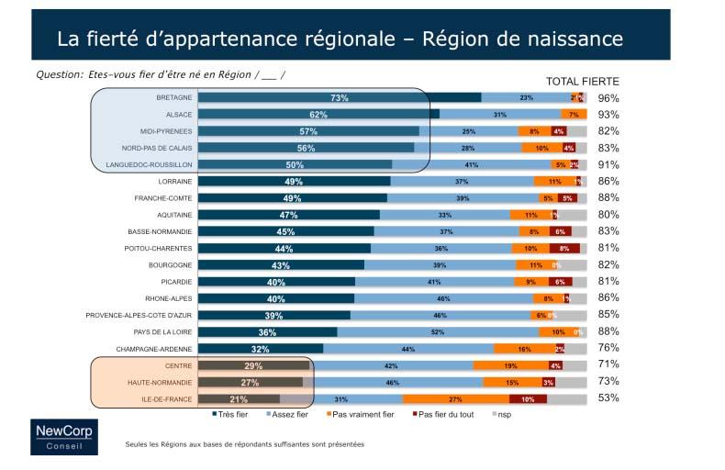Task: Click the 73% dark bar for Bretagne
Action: pyautogui.click(x=340, y=97)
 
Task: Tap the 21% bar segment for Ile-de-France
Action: pyautogui.click(x=239, y=398)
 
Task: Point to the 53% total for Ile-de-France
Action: pyautogui.click(x=608, y=398)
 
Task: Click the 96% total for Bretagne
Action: pyautogui.click(x=608, y=98)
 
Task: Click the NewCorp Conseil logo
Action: pyautogui.click(x=63, y=436)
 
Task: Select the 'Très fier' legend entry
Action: pyautogui.click(x=230, y=415)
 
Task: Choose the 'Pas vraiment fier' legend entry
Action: pyautogui.click(x=361, y=415)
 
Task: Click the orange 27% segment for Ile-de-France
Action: pyautogui.click(x=456, y=398)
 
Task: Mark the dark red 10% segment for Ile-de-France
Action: pyautogui.click(x=528, y=398)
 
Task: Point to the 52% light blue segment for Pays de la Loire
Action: pyautogui.click(x=438, y=331)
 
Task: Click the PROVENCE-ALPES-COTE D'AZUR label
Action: pyautogui.click(x=139, y=315)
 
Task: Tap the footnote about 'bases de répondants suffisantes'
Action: pyautogui.click(x=244, y=444)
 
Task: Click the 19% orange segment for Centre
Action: pyautogui.click(x=509, y=365)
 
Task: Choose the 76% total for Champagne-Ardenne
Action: pyautogui.click(x=608, y=348)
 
